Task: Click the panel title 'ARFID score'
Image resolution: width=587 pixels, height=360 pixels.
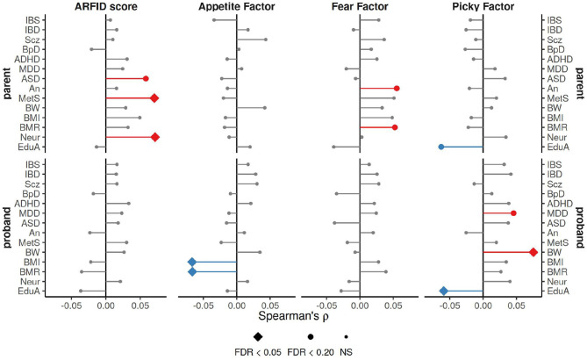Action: pyautogui.click(x=106, y=6)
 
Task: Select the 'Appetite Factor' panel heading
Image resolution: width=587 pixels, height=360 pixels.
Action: pyautogui.click(x=237, y=6)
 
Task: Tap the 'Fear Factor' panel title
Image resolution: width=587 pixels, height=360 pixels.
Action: pyautogui.click(x=360, y=6)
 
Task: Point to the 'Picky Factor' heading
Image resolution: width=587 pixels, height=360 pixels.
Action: pyautogui.click(x=483, y=6)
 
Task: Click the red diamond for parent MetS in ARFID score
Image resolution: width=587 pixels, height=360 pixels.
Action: pyautogui.click(x=154, y=98)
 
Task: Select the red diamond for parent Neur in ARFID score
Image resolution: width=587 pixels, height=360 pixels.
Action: pyautogui.click(x=155, y=137)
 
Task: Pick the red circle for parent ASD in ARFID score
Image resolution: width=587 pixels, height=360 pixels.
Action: pyautogui.click(x=146, y=79)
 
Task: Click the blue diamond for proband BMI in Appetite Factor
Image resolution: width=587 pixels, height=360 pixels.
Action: pyautogui.click(x=192, y=262)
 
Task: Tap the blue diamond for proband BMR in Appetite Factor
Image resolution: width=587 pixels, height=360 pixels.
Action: pyautogui.click(x=192, y=271)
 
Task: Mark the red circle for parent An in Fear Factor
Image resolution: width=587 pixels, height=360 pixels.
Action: pyautogui.click(x=397, y=89)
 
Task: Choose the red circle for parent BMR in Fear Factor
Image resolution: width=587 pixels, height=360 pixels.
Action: pyautogui.click(x=395, y=127)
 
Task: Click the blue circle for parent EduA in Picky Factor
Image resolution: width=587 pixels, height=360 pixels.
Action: pyautogui.click(x=441, y=147)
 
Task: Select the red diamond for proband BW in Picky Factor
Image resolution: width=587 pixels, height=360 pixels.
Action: pyautogui.click(x=533, y=252)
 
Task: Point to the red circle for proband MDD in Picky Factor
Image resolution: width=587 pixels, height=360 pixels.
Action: pyautogui.click(x=513, y=213)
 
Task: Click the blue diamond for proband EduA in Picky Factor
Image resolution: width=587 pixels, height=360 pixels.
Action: pyautogui.click(x=444, y=291)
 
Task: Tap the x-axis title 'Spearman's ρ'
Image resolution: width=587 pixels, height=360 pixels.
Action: pyautogui.click(x=293, y=316)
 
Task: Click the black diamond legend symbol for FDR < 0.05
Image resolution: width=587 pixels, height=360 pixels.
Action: pyautogui.click(x=258, y=337)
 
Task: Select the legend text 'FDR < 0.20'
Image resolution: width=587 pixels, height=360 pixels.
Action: pyautogui.click(x=311, y=352)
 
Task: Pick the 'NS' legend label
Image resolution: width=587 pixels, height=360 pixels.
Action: pyautogui.click(x=346, y=352)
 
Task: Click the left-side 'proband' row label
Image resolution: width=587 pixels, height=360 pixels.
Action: pyautogui.click(x=6, y=227)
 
